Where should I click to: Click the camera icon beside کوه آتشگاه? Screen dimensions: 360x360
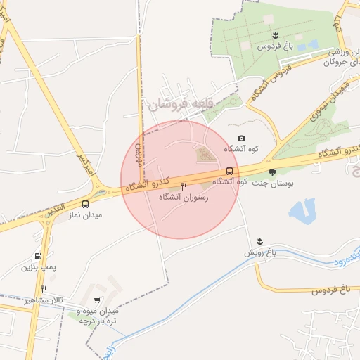(x=242, y=139)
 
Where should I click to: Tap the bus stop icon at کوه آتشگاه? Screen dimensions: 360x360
(x=229, y=172)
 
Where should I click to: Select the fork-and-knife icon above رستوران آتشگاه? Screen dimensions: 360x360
(x=184, y=186)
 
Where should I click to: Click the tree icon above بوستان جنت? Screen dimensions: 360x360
(x=272, y=172)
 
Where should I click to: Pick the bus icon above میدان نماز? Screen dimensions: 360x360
(x=85, y=204)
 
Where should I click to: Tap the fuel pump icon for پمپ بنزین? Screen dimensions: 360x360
(x=38, y=257)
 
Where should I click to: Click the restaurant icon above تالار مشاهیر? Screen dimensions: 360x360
(x=44, y=289)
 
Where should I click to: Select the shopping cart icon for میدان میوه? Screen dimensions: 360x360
(x=96, y=300)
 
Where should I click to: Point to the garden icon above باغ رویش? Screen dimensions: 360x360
(x=261, y=241)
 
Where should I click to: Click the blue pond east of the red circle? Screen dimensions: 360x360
(x=302, y=210)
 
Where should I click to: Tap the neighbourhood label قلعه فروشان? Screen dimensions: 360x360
(x=179, y=105)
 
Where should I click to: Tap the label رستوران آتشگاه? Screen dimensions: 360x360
(x=184, y=198)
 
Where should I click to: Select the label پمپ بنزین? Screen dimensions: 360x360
(x=37, y=267)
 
